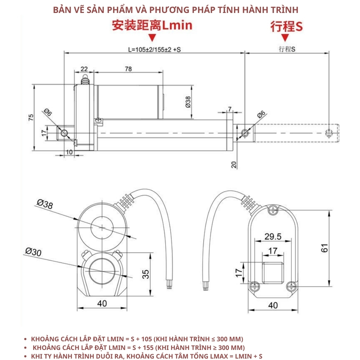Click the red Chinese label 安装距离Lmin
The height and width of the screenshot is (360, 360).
pyautogui.click(x=152, y=25)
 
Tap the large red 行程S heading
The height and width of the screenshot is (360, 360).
pyautogui.click(x=286, y=26)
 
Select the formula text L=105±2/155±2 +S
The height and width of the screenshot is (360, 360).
pyautogui.click(x=154, y=50)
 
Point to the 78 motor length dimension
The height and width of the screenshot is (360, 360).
pyautogui.click(x=128, y=69)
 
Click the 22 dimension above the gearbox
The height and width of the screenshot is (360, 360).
pyautogui.click(x=84, y=69)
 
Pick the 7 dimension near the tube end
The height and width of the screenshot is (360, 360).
pyautogui.click(x=229, y=109)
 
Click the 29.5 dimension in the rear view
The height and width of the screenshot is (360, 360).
pyautogui.click(x=273, y=237)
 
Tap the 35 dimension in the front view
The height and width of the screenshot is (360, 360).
pyautogui.click(x=145, y=274)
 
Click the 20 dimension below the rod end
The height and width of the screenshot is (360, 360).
pyautogui.click(x=234, y=165)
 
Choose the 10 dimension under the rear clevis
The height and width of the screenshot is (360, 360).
pyautogui.click(x=69, y=152)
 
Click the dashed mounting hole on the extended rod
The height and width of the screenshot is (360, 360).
pyautogui.click(x=328, y=133)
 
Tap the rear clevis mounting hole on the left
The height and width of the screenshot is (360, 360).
pyautogui.click(x=64, y=133)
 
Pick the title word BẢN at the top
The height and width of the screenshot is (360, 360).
pyautogui.click(x=62, y=10)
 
